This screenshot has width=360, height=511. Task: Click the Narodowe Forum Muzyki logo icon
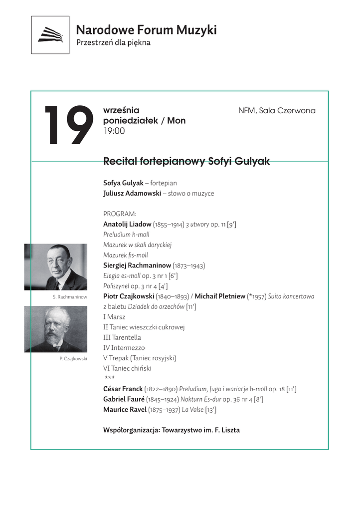pyautogui.click(x=50, y=35)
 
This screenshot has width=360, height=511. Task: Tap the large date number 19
pyautogui.click(x=68, y=126)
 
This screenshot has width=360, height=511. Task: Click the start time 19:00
pyautogui.click(x=114, y=131)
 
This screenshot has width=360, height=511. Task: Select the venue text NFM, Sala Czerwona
pyautogui.click(x=277, y=110)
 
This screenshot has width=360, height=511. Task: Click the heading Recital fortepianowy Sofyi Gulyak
pyautogui.click(x=186, y=162)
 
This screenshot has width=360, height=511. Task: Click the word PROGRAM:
pyautogui.click(x=116, y=214)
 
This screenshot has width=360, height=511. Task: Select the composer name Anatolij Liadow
pyautogui.click(x=127, y=225)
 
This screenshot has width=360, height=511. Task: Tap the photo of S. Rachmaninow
pyautogui.click(x=56, y=267)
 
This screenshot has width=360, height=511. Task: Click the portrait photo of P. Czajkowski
pyautogui.click(x=56, y=329)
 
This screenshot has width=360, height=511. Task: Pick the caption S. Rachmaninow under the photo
pyautogui.click(x=70, y=297)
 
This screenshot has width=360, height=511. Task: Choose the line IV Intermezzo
pyautogui.click(x=121, y=348)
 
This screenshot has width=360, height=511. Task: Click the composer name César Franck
pyautogui.click(x=123, y=389)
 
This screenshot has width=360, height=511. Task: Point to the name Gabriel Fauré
pyautogui.click(x=124, y=399)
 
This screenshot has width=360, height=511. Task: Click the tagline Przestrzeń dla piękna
pyautogui.click(x=113, y=43)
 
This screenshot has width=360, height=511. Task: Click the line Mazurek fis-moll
pyautogui.click(x=126, y=255)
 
